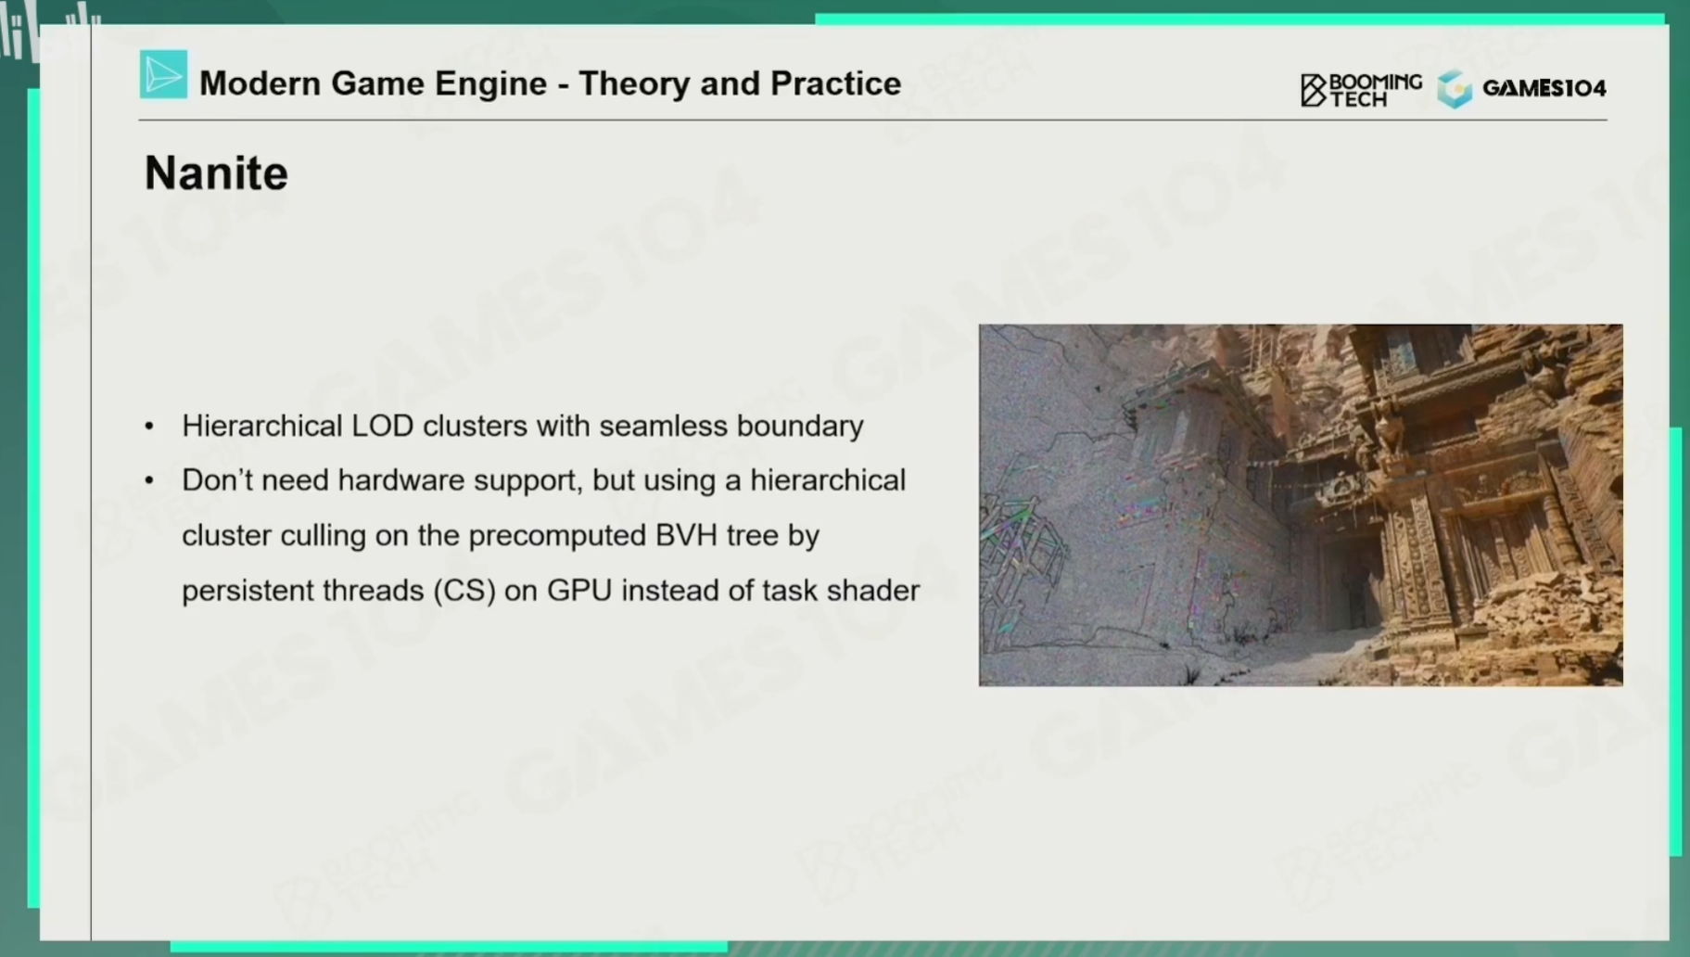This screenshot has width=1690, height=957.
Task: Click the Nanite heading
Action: point(216,173)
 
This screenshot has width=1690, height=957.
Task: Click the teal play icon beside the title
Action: point(163,74)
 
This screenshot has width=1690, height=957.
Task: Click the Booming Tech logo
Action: point(1360,89)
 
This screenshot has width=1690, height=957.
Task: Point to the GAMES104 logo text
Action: point(1544,88)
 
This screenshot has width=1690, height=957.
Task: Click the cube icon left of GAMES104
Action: point(1455,89)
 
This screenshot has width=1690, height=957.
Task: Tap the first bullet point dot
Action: point(149,427)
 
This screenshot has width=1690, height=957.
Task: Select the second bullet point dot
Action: point(149,481)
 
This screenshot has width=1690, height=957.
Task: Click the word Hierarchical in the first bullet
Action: point(262,426)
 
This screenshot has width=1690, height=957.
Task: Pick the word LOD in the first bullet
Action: point(382,426)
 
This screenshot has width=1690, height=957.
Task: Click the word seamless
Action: point(663,426)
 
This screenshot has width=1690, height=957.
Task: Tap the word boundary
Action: point(800,427)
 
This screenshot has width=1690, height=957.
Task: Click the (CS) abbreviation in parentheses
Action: point(464,591)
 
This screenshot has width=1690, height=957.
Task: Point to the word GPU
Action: point(579,591)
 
